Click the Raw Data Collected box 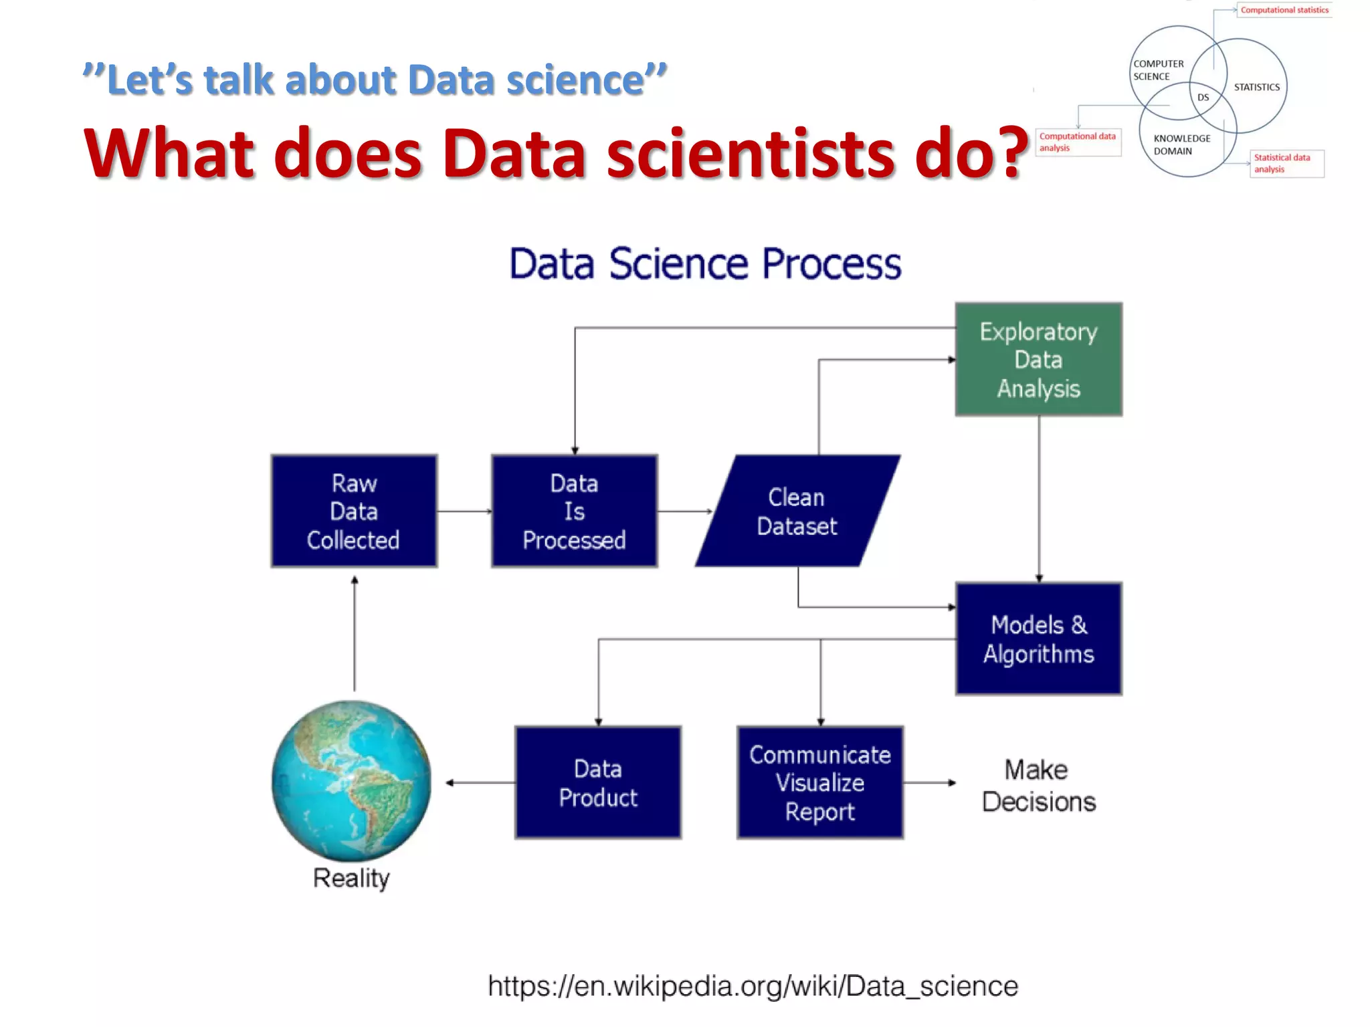pos(354,511)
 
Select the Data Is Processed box pos(575,511)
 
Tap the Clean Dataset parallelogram pos(797,511)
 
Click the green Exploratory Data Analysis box pos(1038,360)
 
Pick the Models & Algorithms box pos(1038,639)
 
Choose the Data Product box pos(598,782)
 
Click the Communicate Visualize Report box pos(820,782)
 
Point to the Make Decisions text pos(1038,786)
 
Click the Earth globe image pos(351,780)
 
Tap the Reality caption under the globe pos(351,878)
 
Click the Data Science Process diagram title pos(705,263)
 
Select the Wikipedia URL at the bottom pos(753,986)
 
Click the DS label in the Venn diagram pos(1203,98)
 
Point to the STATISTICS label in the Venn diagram pos(1256,87)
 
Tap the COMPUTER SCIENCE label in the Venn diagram pos(1158,70)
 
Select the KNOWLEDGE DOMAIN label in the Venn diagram pos(1181,144)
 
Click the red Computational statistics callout pos(1284,10)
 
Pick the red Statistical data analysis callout pos(1286,163)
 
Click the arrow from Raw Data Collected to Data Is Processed pos(464,511)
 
